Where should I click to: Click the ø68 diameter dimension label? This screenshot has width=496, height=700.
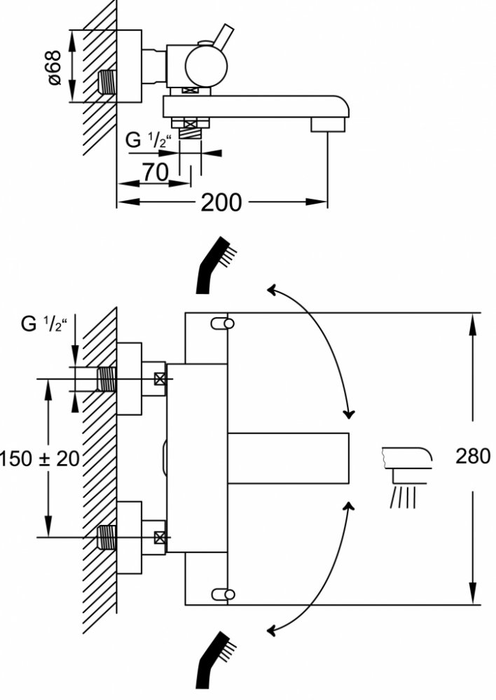tap(55, 68)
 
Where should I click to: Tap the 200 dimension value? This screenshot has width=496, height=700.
tap(221, 202)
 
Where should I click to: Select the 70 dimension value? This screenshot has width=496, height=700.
tap(155, 172)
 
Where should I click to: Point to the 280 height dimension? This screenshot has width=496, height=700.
tap(473, 456)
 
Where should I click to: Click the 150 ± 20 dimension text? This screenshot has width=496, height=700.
tap(39, 458)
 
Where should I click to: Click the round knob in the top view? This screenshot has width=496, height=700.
tap(206, 66)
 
